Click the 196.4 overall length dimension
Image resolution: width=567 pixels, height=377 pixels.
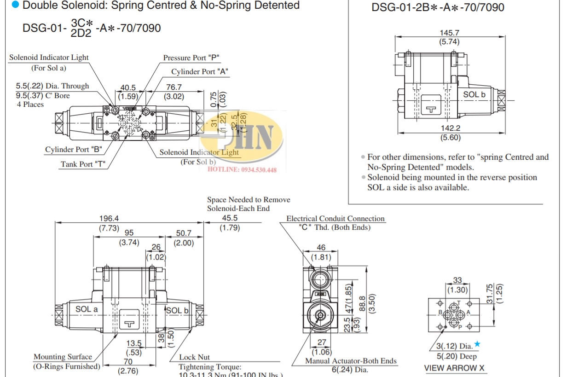tap(109, 218)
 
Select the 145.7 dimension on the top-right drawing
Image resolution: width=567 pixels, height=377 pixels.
tap(450, 33)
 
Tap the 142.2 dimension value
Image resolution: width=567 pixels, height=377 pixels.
tap(450, 128)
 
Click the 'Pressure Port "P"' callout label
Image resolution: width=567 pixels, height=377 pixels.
tap(191, 58)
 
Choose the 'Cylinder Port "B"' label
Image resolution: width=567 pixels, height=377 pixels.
tap(73, 150)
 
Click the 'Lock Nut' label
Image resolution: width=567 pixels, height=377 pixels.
tap(194, 357)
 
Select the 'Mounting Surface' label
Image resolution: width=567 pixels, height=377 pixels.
tap(63, 357)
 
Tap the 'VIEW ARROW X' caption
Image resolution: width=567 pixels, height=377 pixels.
tap(454, 368)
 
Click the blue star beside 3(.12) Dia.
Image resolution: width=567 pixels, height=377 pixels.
tap(477, 344)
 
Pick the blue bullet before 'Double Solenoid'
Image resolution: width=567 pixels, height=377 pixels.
tap(15, 5)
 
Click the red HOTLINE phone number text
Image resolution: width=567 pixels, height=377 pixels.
tap(242, 170)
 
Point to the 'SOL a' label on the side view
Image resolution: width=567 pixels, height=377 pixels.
tap(87, 309)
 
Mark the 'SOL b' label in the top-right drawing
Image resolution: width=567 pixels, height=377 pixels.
tap(474, 94)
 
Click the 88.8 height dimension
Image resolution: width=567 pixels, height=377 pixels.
tap(362, 299)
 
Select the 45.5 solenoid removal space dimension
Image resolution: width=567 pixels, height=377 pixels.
tap(230, 218)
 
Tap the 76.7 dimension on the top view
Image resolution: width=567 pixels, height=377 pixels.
tap(174, 87)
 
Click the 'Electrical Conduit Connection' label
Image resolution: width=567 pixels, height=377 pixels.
tap(335, 219)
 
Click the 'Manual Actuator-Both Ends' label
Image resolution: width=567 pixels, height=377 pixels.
tap(351, 361)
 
